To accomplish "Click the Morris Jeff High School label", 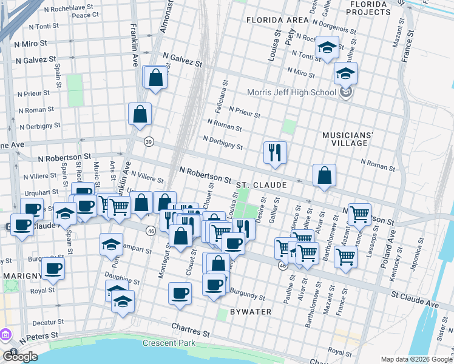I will [x=291, y=93].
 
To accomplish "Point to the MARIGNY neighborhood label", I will [x=22, y=276].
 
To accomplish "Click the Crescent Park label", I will [x=169, y=343].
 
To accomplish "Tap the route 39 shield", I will [x=149, y=141].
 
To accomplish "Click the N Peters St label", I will [x=38, y=334].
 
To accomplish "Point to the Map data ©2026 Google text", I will [x=416, y=359].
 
